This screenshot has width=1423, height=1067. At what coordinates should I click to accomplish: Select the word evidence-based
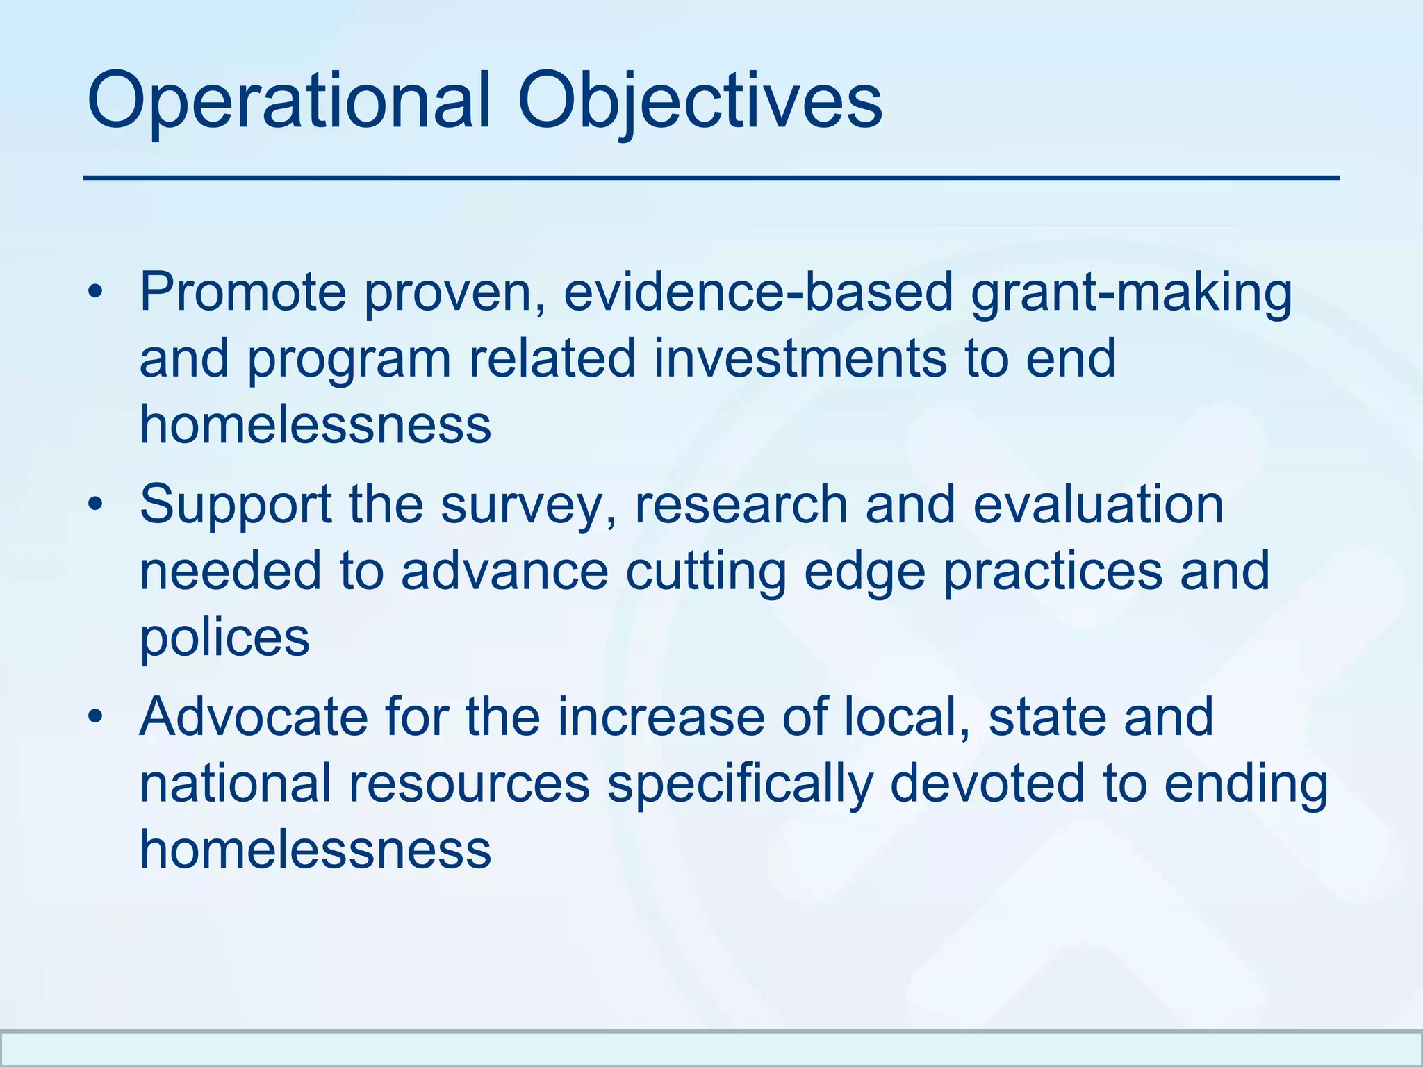pyautogui.click(x=758, y=292)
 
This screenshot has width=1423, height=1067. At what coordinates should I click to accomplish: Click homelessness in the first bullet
pyautogui.click(x=315, y=424)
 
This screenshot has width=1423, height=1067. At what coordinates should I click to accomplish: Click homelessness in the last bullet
pyautogui.click(x=315, y=849)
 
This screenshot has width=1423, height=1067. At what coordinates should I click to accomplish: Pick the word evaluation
pyautogui.click(x=1098, y=504)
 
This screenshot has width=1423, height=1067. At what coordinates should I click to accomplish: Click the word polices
pyautogui.click(x=224, y=638)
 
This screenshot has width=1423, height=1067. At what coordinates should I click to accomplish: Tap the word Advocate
pyautogui.click(x=253, y=717)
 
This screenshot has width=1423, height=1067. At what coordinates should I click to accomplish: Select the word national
pyautogui.click(x=235, y=783)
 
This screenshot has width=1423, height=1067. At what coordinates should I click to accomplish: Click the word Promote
pyautogui.click(x=242, y=292)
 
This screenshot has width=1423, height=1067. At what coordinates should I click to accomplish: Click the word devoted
pyautogui.click(x=987, y=783)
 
